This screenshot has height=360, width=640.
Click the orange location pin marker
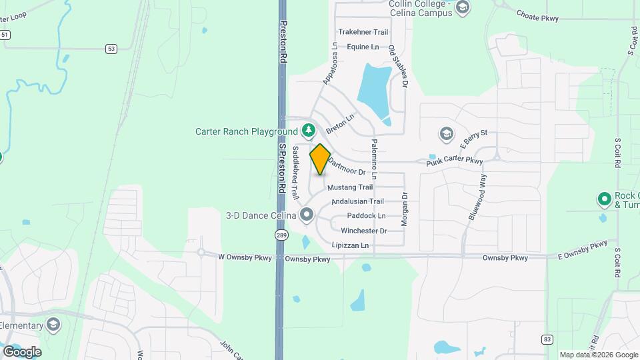point(320,159)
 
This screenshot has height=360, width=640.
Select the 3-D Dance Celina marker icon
point(307,215)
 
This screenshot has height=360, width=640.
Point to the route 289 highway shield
point(281,236)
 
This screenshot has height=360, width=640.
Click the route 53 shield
point(111,48)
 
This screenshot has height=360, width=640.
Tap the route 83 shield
point(547,339)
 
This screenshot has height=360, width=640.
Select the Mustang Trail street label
point(349,187)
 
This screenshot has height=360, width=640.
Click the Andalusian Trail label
point(358,201)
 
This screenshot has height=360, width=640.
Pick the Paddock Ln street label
point(366,216)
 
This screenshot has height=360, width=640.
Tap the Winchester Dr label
point(363,231)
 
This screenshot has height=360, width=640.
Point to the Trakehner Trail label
point(363,32)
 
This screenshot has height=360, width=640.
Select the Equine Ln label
point(363,47)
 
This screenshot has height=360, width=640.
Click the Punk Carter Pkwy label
point(454,161)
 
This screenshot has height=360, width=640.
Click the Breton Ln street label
point(340,122)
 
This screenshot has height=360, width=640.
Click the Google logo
point(22,351)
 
